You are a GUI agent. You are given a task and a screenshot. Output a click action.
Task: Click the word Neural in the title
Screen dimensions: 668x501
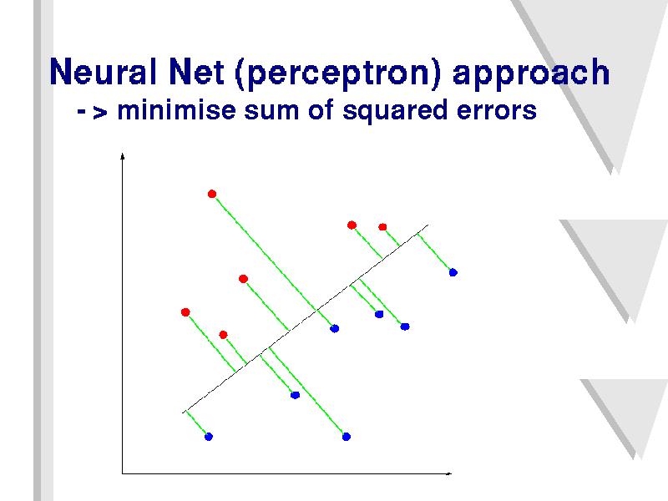pyautogui.click(x=103, y=71)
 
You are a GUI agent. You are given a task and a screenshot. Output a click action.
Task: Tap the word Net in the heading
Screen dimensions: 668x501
pyautogui.click(x=196, y=71)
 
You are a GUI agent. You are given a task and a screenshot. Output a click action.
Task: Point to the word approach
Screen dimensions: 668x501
pyautogui.click(x=531, y=73)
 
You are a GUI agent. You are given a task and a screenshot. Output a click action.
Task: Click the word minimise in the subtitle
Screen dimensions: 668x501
pyautogui.click(x=176, y=110)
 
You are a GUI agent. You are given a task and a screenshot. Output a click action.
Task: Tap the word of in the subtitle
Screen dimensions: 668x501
pyautogui.click(x=321, y=110)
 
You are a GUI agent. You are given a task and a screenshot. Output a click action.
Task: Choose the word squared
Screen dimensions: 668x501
pyautogui.click(x=395, y=112)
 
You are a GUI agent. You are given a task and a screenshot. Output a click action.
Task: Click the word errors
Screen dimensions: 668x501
pyautogui.click(x=497, y=112)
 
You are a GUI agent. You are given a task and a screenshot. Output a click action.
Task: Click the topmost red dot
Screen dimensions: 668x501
pyautogui.click(x=212, y=195)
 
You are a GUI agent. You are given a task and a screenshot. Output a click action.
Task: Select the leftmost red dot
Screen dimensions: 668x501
pyautogui.click(x=185, y=312)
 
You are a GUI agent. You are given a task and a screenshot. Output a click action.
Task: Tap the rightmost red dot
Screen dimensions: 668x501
pyautogui.click(x=382, y=227)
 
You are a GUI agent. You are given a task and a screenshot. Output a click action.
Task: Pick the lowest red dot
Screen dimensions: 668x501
pyautogui.click(x=223, y=335)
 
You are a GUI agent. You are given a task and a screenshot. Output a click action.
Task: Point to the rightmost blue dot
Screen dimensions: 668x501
pyautogui.click(x=453, y=273)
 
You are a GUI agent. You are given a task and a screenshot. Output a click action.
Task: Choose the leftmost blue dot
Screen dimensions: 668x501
pyautogui.click(x=208, y=437)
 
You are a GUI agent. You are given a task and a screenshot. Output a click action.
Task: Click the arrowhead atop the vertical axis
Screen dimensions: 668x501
pyautogui.click(x=122, y=156)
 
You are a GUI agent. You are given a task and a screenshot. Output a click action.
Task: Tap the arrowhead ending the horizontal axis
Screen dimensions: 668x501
pyautogui.click(x=448, y=473)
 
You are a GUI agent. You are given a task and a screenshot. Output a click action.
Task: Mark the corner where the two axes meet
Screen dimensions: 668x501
pyautogui.click(x=122, y=473)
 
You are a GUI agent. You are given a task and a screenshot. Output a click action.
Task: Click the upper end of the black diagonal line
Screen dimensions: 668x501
pyautogui.click(x=428, y=225)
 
